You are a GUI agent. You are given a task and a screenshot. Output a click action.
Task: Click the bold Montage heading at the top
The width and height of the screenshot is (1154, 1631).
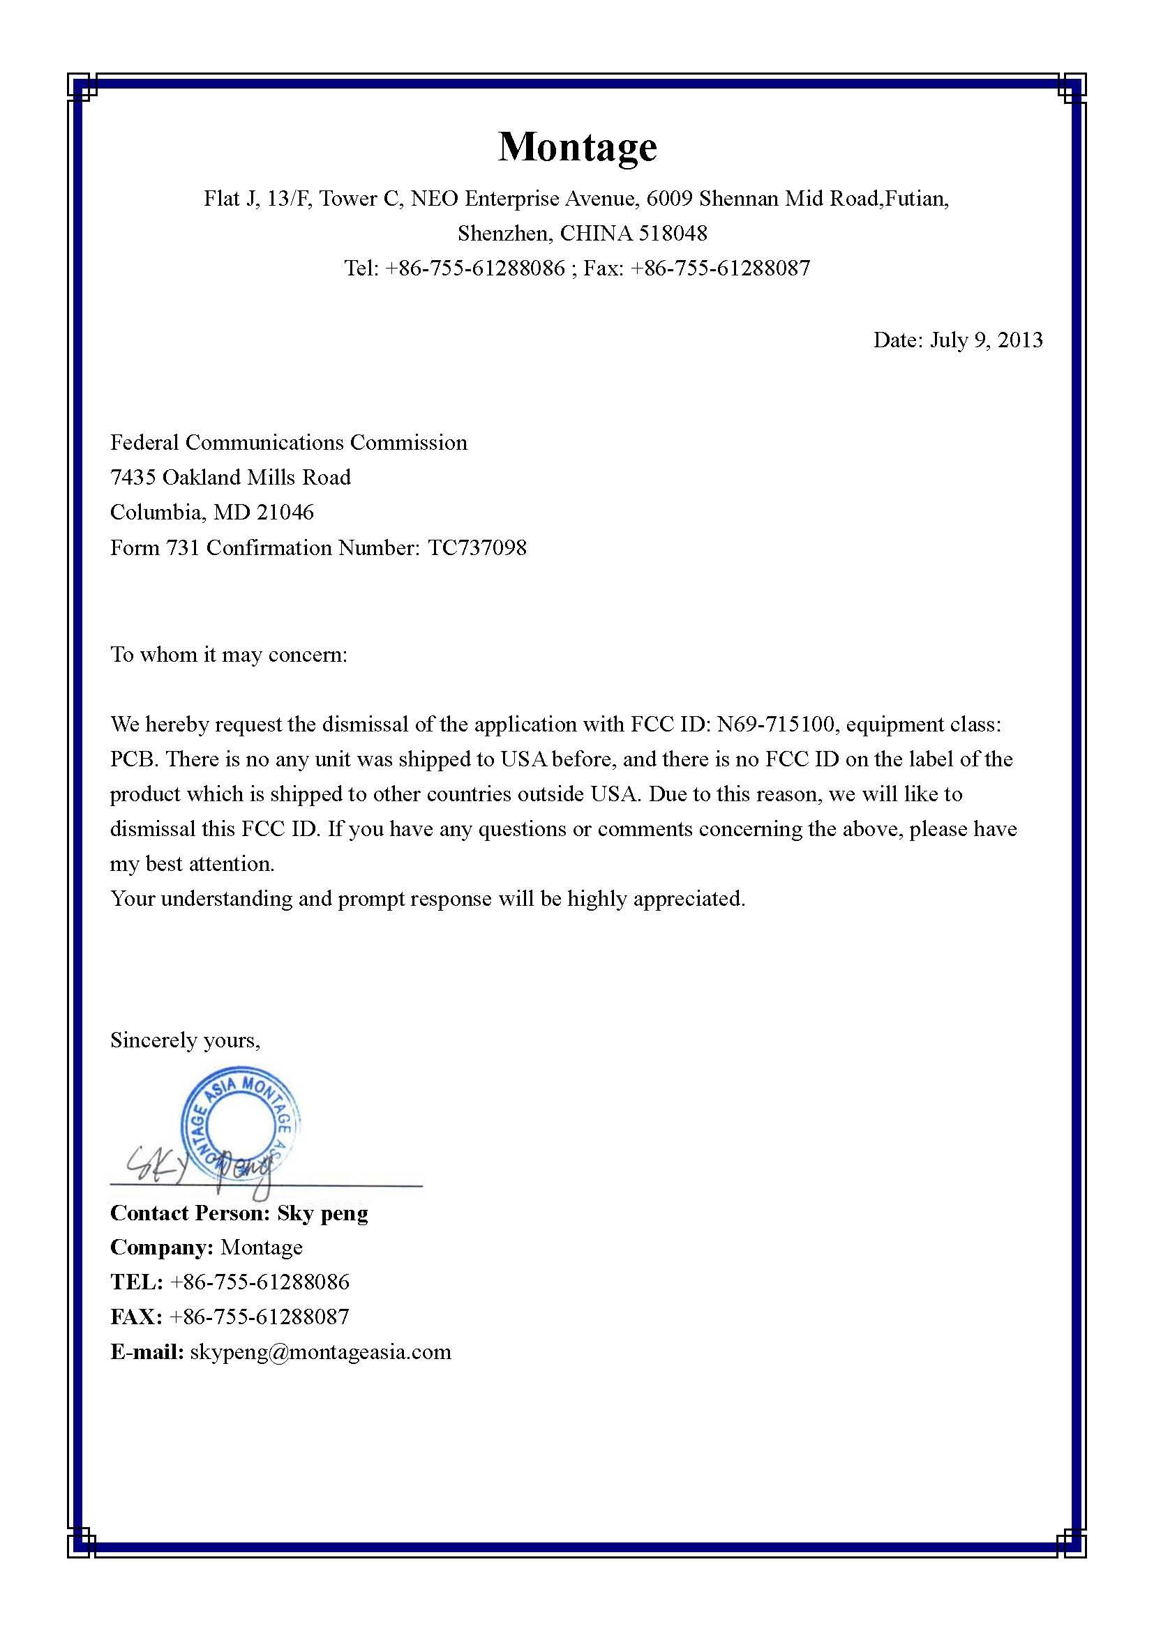coord(577,147)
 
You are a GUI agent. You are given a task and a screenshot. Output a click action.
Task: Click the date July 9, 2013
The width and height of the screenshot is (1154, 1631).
coord(987,340)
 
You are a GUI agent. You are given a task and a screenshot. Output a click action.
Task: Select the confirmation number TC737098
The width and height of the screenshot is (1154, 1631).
coord(477,547)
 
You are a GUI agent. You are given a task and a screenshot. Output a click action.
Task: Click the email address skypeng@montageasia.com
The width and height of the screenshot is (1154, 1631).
coord(320,1351)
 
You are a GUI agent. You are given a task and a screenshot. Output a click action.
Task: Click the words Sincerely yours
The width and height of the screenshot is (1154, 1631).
coord(186,1040)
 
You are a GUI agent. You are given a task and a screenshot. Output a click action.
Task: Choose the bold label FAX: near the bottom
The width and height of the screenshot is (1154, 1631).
coord(137,1317)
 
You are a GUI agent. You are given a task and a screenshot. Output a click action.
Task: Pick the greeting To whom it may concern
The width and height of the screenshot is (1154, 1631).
coord(229,654)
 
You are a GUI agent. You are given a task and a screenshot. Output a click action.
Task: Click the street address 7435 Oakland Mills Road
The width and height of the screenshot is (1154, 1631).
coord(230,478)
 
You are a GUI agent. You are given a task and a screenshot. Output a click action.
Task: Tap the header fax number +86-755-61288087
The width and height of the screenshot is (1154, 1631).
coord(720,268)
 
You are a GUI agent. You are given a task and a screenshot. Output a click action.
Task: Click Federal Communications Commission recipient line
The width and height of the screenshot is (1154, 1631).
coord(289,443)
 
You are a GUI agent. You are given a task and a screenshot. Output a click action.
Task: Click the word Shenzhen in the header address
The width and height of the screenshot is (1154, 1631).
coord(504,233)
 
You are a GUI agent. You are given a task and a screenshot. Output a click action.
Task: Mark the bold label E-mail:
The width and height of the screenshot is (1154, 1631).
coord(147,1351)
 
